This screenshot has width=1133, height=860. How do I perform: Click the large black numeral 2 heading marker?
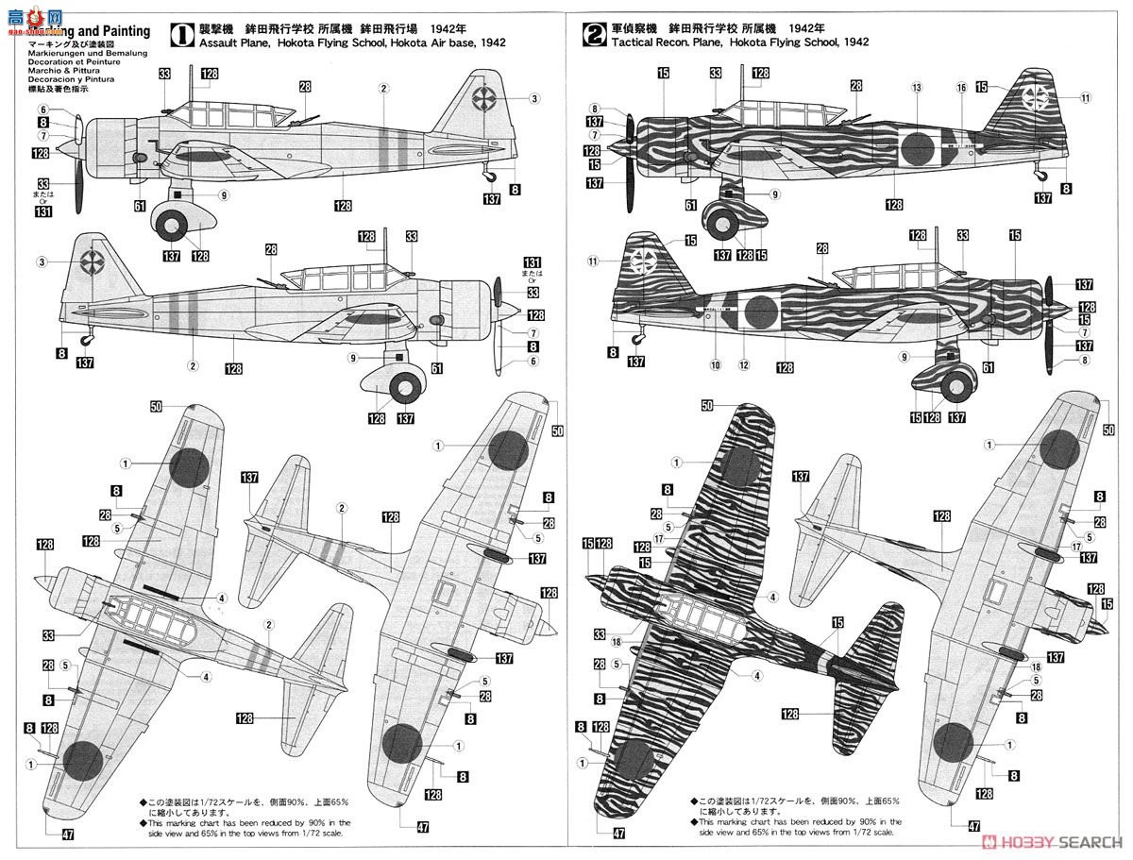593,36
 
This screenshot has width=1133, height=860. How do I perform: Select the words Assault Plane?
228,42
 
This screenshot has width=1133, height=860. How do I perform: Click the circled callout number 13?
916,87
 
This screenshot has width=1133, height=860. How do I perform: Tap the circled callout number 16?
961,87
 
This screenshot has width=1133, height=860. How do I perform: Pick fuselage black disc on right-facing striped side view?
759,309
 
